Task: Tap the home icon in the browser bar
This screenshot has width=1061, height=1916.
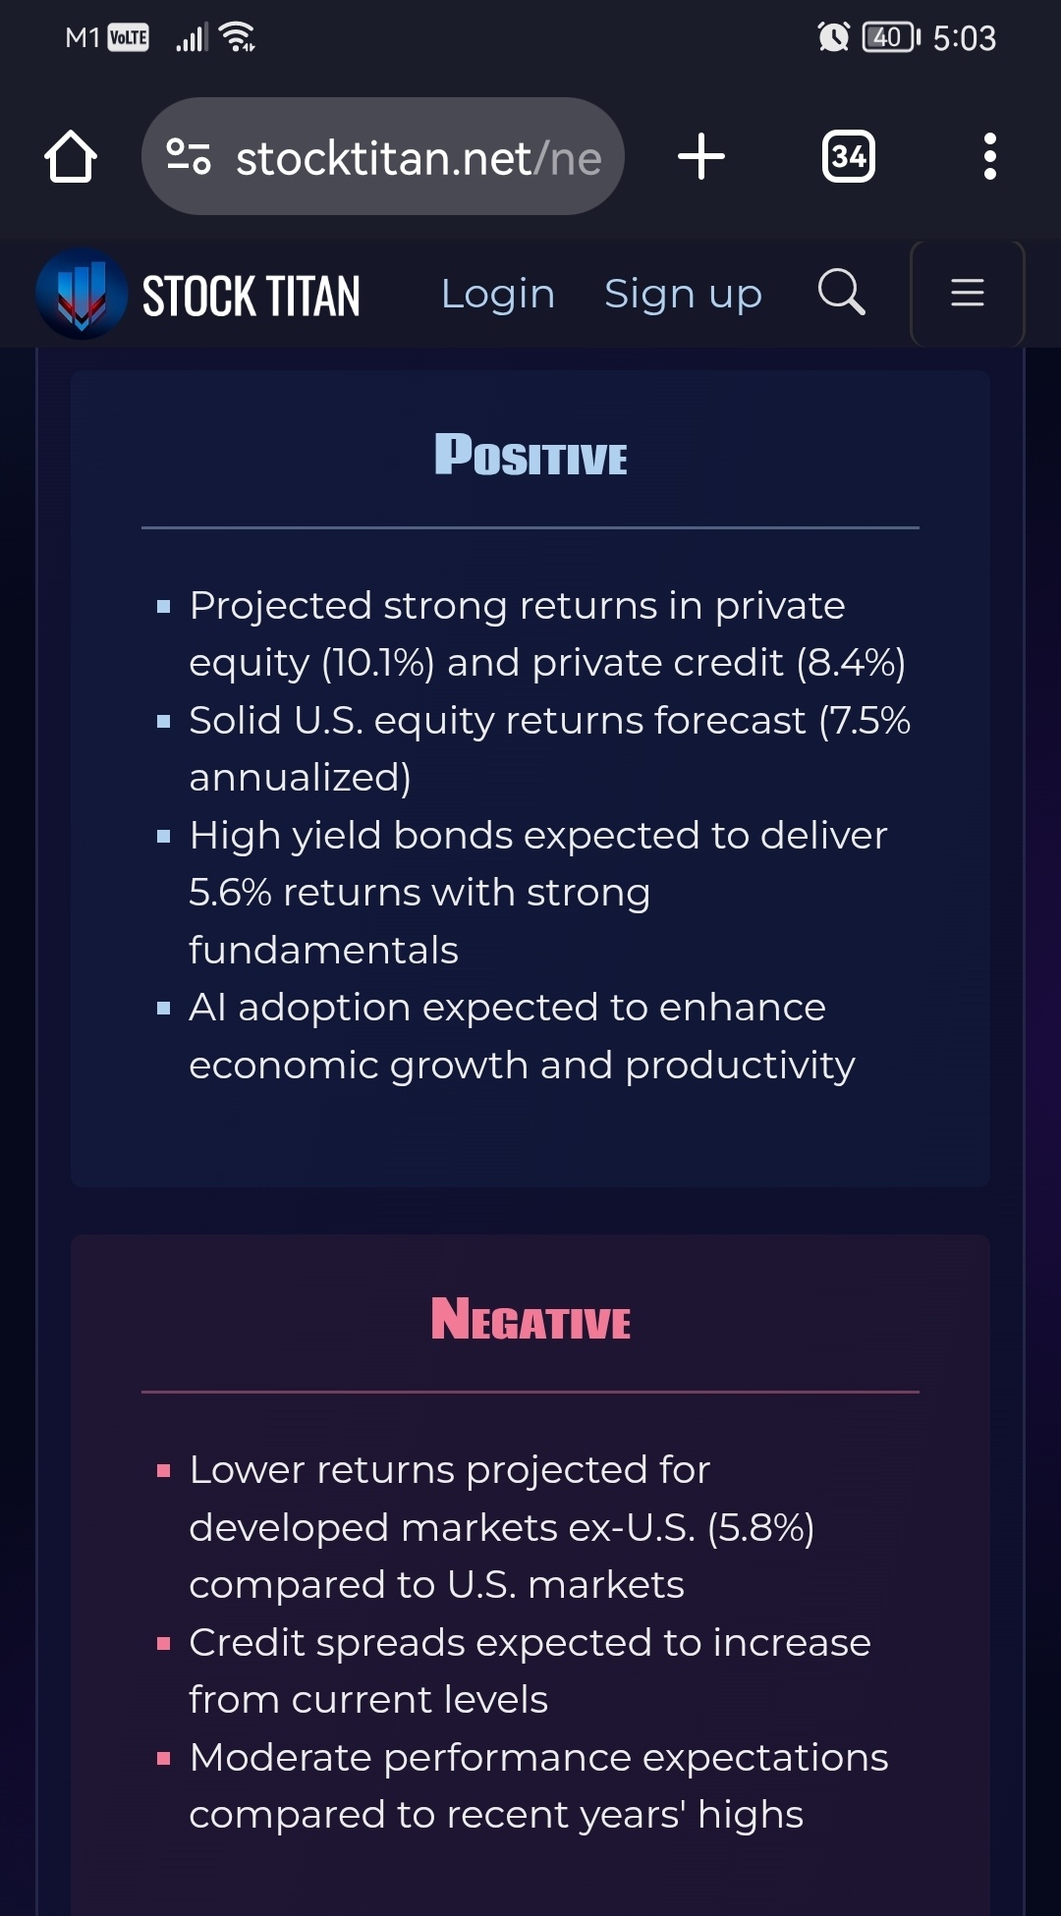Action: (71, 156)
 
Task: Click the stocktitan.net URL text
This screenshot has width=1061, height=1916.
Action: (419, 158)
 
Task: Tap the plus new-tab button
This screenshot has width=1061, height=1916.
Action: (701, 156)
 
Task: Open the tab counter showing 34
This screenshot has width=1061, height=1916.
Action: (849, 156)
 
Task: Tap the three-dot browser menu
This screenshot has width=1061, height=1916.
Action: (989, 156)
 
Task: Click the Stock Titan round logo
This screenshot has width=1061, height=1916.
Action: (82, 294)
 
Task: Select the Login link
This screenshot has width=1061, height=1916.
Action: (498, 294)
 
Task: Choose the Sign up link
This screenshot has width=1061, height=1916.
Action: (683, 294)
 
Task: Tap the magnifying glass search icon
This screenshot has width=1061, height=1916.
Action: (842, 292)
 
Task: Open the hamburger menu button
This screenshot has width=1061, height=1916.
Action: (968, 293)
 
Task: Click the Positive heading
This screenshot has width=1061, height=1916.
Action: (530, 455)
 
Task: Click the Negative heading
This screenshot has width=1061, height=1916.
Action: (530, 1319)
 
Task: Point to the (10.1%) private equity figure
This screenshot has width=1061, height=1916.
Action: (378, 663)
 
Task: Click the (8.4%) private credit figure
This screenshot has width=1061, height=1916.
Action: (851, 663)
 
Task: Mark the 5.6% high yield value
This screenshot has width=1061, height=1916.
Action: (230, 893)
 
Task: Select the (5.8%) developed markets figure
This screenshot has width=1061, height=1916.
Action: (760, 1528)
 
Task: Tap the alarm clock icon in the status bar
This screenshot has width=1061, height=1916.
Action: (833, 37)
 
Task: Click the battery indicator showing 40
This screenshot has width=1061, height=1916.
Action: (891, 37)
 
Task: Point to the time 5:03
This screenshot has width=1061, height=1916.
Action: (965, 38)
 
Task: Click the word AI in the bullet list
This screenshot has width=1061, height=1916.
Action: (207, 1008)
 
